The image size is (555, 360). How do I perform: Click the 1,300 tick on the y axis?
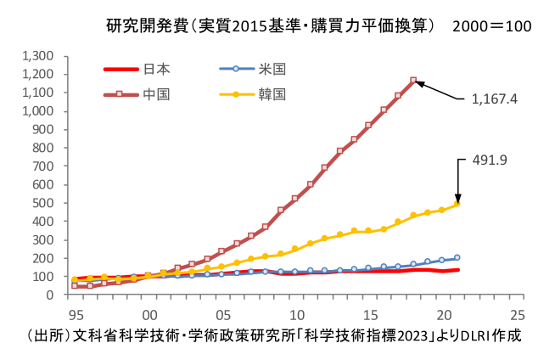39,56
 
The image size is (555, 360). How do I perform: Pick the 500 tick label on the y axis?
45,203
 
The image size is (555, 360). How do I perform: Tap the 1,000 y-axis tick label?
39,111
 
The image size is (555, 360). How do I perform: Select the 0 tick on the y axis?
52,295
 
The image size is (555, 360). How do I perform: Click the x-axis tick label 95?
75,311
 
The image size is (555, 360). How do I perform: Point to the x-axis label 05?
222,311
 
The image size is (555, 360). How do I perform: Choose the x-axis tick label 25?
518,311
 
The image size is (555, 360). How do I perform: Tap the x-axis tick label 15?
370,311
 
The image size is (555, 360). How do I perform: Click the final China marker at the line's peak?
413,81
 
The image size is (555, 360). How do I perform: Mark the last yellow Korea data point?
457,204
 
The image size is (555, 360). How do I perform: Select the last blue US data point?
457,257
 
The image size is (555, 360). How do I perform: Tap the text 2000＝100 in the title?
492,25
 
